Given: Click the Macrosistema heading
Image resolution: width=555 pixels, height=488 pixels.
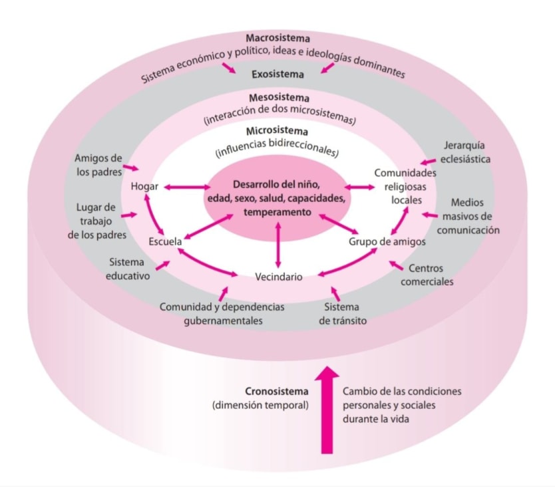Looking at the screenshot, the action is click(x=278, y=38).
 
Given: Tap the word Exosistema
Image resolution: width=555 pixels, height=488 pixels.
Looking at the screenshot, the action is click(x=278, y=74).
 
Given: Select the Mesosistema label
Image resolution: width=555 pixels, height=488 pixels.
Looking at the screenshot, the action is click(x=279, y=98).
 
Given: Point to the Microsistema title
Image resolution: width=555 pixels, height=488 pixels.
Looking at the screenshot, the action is click(x=277, y=131).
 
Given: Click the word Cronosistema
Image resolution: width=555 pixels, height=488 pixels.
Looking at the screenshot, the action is click(x=277, y=392).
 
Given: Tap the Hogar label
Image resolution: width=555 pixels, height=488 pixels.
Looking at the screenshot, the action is click(x=144, y=186).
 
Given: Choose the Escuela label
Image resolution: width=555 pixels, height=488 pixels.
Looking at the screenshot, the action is click(x=165, y=241).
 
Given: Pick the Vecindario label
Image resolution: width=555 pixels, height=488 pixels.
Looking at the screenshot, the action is click(x=279, y=277).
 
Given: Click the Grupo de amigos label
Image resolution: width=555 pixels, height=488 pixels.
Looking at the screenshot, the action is click(x=387, y=241).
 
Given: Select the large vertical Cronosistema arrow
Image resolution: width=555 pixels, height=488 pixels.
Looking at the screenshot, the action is click(x=327, y=410).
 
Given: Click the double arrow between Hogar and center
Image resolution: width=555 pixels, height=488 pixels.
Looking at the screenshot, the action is click(x=187, y=187).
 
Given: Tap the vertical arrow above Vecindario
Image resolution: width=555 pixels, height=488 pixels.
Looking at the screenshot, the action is click(x=278, y=245).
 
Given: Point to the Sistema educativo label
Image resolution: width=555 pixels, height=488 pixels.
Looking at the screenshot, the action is click(x=128, y=269).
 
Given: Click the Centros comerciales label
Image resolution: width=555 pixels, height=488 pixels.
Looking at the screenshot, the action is click(x=427, y=275).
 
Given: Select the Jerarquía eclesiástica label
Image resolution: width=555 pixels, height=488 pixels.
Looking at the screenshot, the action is click(x=465, y=152).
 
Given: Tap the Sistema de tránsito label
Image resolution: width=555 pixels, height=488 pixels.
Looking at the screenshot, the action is click(x=343, y=314).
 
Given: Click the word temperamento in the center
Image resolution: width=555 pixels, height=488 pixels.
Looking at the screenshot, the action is click(x=277, y=212).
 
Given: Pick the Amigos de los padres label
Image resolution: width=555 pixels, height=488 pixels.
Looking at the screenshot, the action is click(x=98, y=165).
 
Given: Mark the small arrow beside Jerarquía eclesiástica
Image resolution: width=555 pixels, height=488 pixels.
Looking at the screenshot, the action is click(x=428, y=162).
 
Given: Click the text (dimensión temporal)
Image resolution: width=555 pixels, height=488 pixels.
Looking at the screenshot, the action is click(x=260, y=406).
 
